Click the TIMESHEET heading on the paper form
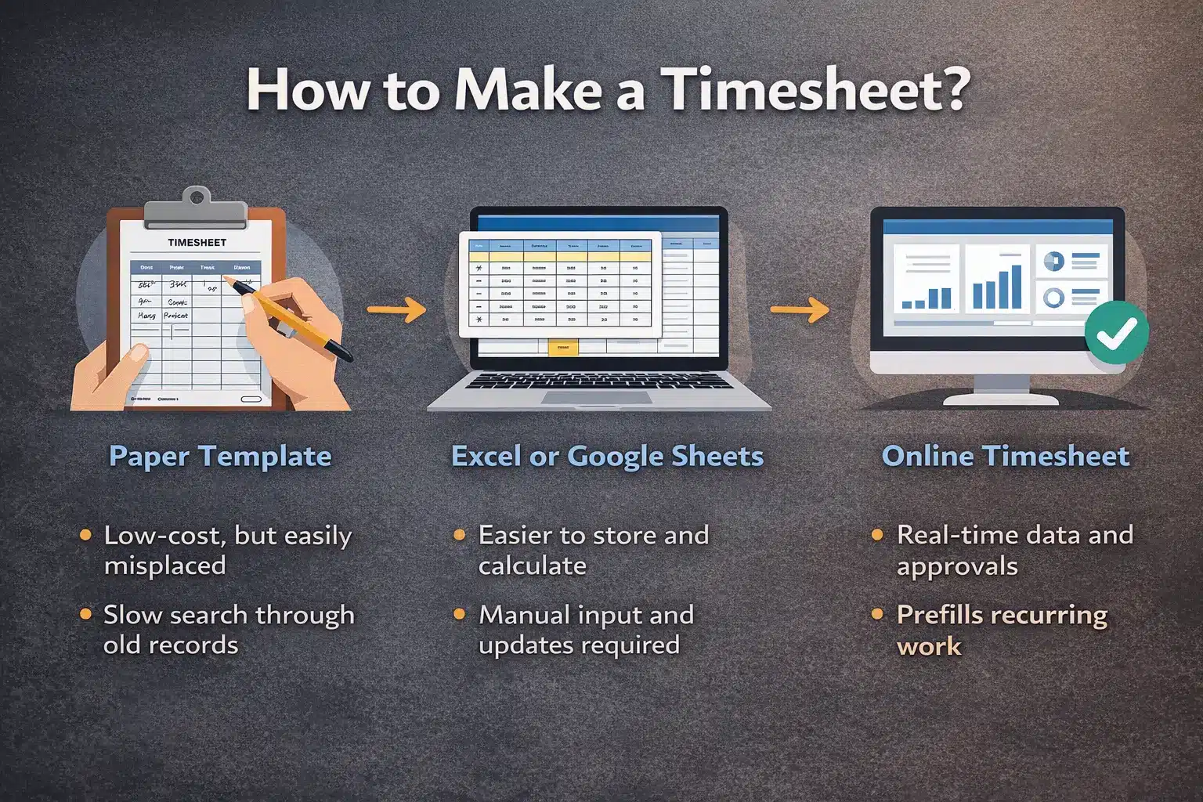click(197, 243)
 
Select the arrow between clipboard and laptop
click(396, 310)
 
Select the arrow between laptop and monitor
click(800, 310)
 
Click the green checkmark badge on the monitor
click(1117, 332)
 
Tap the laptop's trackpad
click(596, 397)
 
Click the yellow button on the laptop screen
click(562, 347)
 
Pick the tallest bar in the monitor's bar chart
click(1016, 287)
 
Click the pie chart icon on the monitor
click(1053, 262)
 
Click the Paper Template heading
click(220, 457)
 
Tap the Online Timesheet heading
click(1006, 457)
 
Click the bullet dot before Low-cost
click(85, 536)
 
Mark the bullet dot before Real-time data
click(878, 536)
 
